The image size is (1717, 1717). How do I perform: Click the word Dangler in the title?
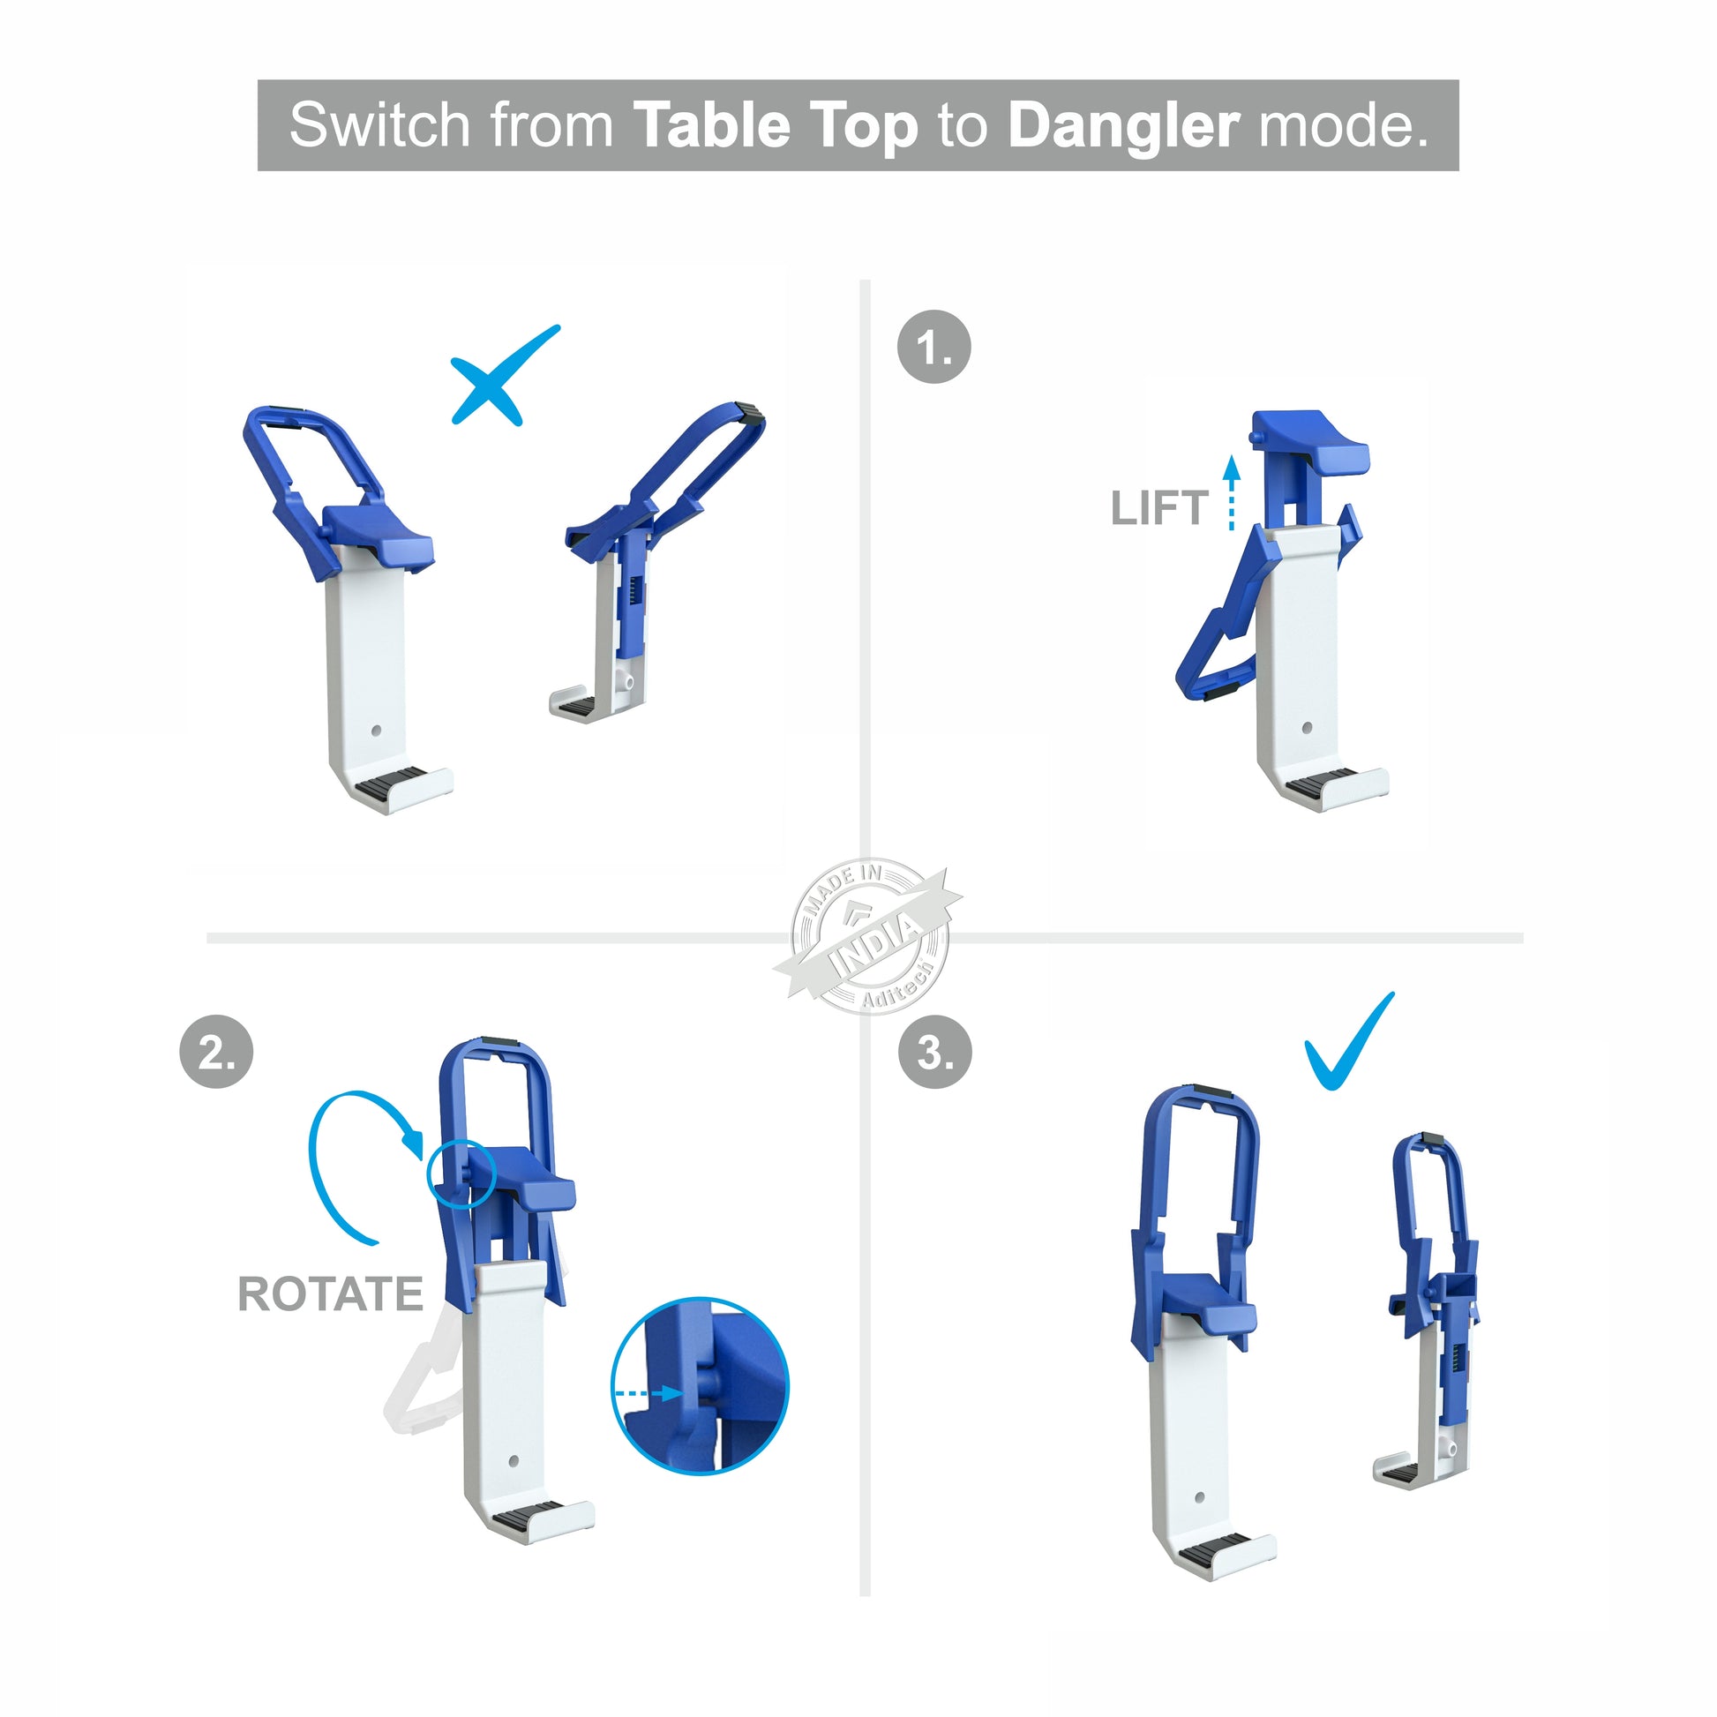1123,126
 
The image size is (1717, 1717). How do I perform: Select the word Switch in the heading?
379,124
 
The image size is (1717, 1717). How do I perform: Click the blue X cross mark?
504,375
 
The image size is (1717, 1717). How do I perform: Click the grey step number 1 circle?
934,347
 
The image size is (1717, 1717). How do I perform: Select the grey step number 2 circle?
217,1052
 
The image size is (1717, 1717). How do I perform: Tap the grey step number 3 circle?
935,1052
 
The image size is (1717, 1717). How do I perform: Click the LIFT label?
1159,508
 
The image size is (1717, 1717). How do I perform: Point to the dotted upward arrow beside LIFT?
1231,493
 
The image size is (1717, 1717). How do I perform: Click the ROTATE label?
331,1294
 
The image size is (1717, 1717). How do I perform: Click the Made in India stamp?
868,937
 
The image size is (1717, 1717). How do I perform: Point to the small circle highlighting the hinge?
461,1173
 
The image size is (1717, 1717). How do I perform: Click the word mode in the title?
1344,126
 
